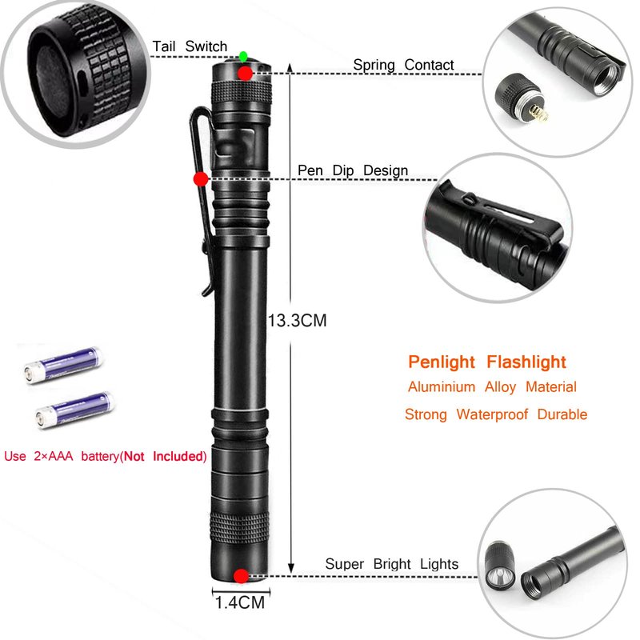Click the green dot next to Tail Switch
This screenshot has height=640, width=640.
pyautogui.click(x=243, y=56)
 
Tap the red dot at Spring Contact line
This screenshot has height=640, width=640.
pyautogui.click(x=245, y=74)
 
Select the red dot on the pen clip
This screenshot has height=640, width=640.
pyautogui.click(x=201, y=178)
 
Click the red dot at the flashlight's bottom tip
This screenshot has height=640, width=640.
pyautogui.click(x=241, y=576)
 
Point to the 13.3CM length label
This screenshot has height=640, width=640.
pyautogui.click(x=297, y=321)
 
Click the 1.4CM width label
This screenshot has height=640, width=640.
pyautogui.click(x=240, y=602)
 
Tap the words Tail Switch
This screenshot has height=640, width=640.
pyautogui.click(x=190, y=46)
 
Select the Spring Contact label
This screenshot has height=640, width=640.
pyautogui.click(x=403, y=65)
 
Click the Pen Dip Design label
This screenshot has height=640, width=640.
pyautogui.click(x=353, y=170)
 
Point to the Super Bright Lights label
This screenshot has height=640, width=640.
pyautogui.click(x=392, y=564)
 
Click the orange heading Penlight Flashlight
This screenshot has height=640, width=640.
pyautogui.click(x=487, y=362)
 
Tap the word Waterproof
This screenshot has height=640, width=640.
pyautogui.click(x=492, y=414)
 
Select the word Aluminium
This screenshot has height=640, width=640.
pyautogui.click(x=442, y=386)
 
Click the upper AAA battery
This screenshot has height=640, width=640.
pyautogui.click(x=63, y=365)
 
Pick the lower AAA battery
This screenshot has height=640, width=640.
pyautogui.click(x=74, y=410)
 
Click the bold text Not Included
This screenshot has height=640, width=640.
pyautogui.click(x=163, y=456)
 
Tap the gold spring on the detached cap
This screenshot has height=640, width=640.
pyautogui.click(x=539, y=113)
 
